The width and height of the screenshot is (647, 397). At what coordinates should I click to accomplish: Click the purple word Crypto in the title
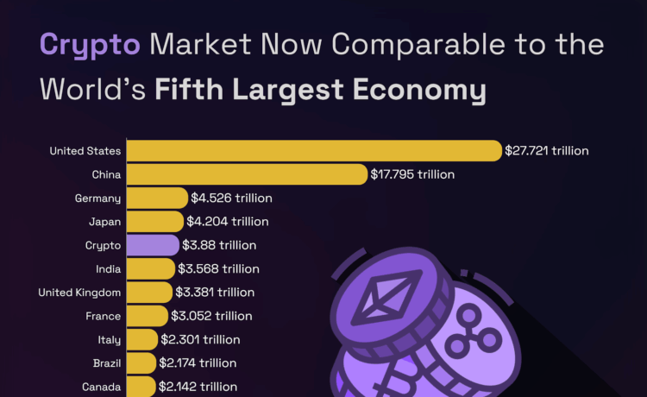click(x=90, y=45)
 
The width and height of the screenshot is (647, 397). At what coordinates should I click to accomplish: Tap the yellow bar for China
click(x=247, y=174)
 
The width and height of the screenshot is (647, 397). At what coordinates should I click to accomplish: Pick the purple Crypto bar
click(x=153, y=245)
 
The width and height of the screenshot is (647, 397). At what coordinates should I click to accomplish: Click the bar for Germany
click(x=157, y=198)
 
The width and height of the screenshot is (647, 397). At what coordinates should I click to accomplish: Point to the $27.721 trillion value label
click(x=547, y=151)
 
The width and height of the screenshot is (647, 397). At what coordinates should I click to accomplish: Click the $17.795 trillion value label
click(x=412, y=174)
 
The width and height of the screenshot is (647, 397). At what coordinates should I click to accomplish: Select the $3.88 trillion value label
click(x=219, y=245)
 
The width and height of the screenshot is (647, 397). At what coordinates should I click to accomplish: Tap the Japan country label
click(x=104, y=222)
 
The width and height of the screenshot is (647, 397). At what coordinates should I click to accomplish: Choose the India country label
click(x=108, y=268)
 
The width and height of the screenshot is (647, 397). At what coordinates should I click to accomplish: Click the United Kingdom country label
click(x=79, y=293)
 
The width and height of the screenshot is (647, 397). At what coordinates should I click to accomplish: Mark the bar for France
click(x=148, y=316)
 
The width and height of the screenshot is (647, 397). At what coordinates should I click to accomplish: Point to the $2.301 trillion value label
click(x=201, y=339)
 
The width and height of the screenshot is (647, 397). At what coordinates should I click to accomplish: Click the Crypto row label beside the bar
click(x=103, y=245)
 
